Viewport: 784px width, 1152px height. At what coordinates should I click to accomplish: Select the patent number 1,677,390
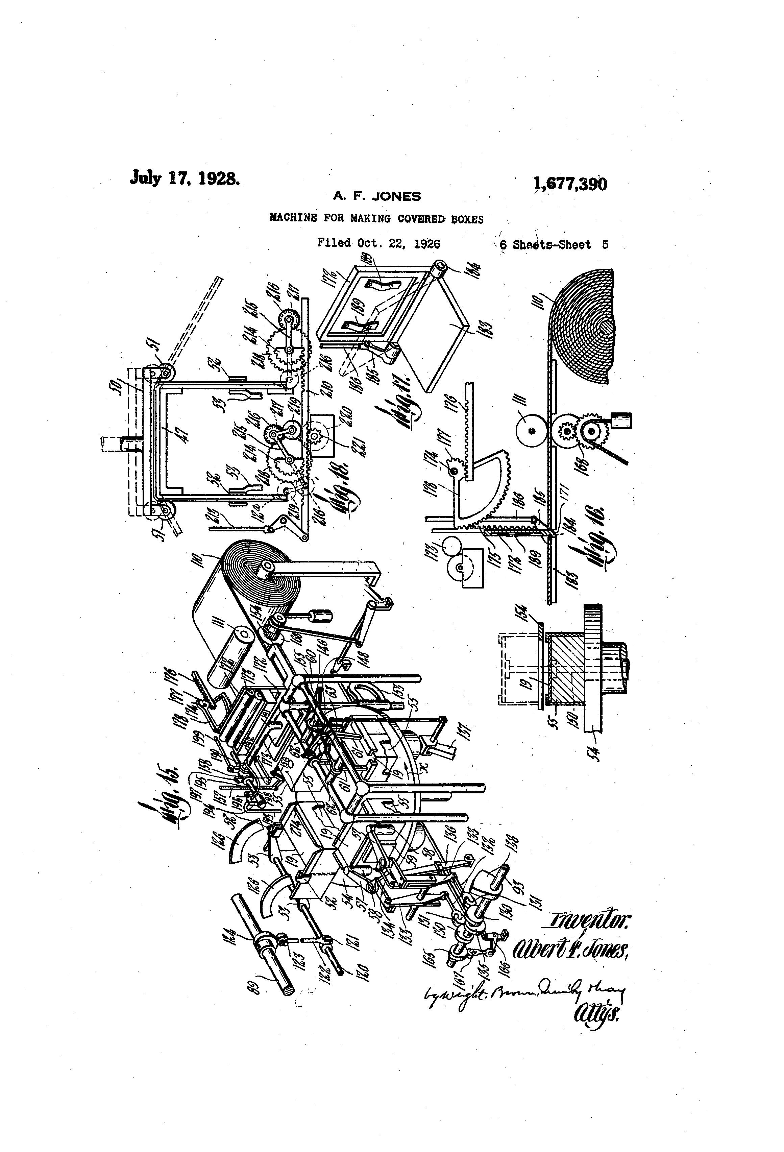570,184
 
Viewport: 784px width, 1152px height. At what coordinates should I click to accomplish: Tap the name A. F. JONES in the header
377,196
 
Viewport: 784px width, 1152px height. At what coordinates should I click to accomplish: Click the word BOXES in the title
467,219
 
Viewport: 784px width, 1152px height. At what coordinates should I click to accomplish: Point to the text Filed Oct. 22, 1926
378,243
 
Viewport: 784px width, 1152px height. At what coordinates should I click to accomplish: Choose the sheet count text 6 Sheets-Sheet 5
554,245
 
